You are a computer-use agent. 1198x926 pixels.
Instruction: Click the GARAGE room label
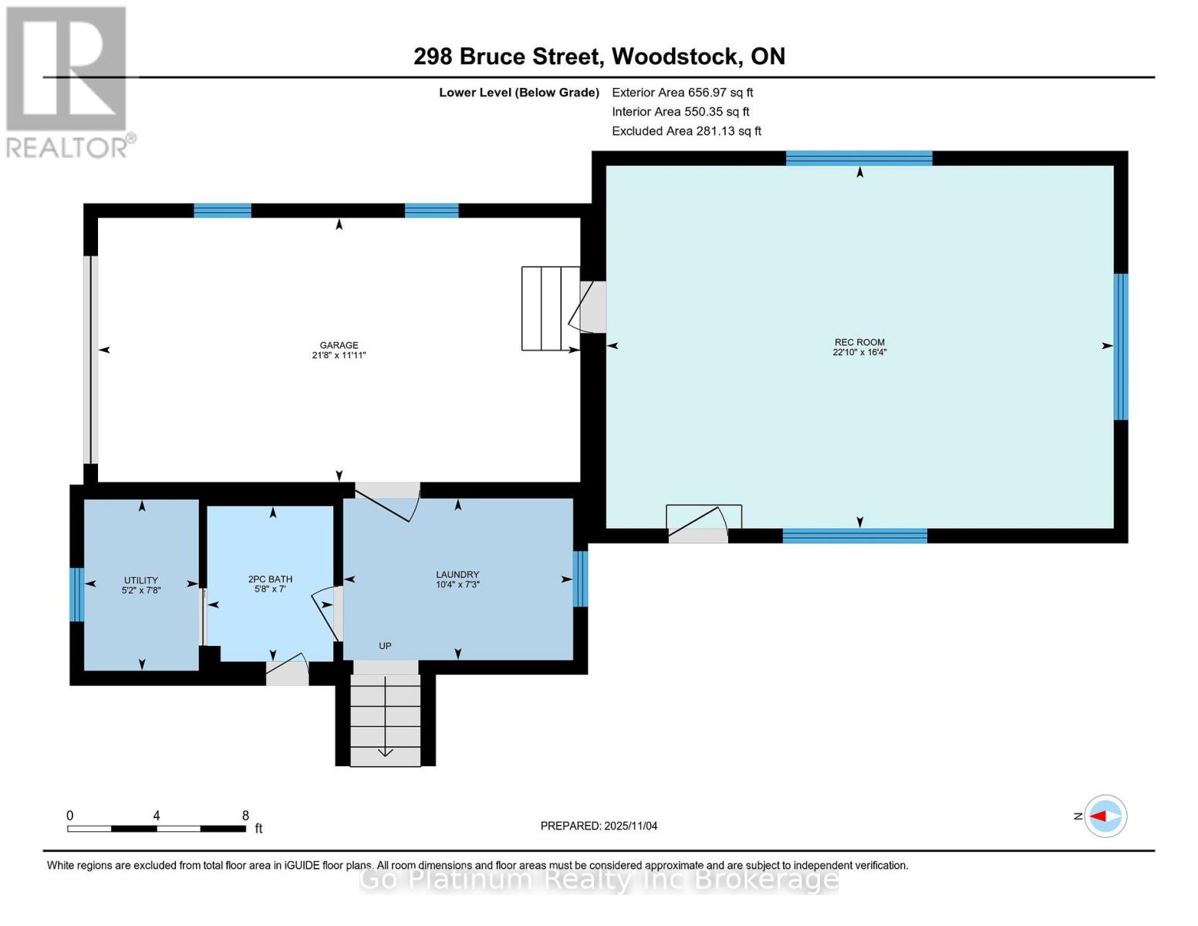[x=339, y=345]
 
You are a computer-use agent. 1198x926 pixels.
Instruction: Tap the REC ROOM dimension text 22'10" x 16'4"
[x=859, y=352]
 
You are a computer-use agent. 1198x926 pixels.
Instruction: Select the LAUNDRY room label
[x=457, y=574]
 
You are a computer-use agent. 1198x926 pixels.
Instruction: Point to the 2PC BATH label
[x=270, y=579]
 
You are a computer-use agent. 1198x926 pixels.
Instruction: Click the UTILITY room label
[x=140, y=580]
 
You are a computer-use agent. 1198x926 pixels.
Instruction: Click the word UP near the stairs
[x=385, y=645]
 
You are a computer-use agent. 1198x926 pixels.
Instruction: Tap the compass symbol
[x=1105, y=816]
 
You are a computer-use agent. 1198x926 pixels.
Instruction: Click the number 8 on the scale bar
[x=245, y=815]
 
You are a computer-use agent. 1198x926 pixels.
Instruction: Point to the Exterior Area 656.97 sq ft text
[x=682, y=93]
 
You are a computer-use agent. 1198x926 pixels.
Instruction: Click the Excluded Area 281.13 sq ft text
[x=687, y=131]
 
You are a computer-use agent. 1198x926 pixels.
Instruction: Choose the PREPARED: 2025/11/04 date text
[x=599, y=826]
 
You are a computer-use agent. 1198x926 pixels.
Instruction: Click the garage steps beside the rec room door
[x=550, y=309]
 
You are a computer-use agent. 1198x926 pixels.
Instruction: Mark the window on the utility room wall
[x=76, y=594]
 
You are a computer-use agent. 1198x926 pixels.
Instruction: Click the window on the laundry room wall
[x=580, y=579]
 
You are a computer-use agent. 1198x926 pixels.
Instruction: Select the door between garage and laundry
[x=387, y=501]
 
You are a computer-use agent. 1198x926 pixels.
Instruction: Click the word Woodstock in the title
[x=674, y=56]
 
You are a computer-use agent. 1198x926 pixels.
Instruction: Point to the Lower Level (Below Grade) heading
[x=519, y=93]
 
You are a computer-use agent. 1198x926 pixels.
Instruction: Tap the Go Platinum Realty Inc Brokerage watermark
[x=599, y=879]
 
